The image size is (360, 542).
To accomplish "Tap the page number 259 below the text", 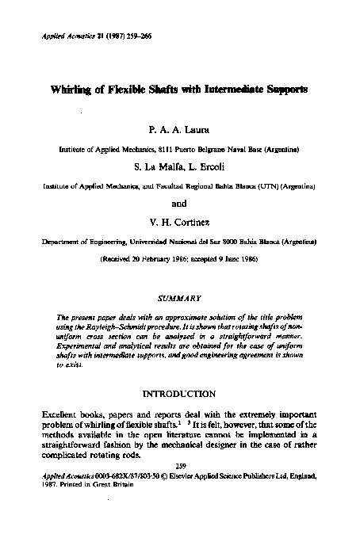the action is (180, 466).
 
